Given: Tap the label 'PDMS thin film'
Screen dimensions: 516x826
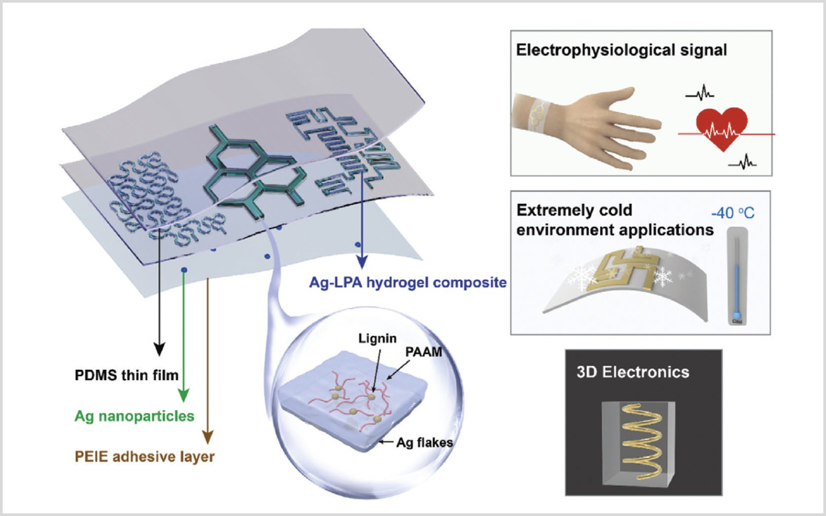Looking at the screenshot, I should (126, 375).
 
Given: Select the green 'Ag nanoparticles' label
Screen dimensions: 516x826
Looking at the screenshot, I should (134, 416).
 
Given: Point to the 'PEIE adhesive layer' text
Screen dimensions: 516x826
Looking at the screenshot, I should (144, 456).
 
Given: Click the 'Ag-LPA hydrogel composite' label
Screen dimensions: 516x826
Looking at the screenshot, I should (407, 283).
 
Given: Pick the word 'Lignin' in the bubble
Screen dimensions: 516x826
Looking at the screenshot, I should (377, 338).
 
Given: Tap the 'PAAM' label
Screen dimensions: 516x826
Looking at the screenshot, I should (423, 352).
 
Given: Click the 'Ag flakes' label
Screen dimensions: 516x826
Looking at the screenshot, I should (424, 442).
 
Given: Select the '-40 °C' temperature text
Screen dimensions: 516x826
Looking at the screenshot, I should (733, 213).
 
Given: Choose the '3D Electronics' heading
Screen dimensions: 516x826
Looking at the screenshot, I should (632, 372).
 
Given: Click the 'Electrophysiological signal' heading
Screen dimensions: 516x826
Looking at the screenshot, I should (621, 50).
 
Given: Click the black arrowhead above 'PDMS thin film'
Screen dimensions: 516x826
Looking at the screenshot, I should (159, 349).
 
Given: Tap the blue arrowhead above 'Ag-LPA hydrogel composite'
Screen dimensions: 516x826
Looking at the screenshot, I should (362, 262).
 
